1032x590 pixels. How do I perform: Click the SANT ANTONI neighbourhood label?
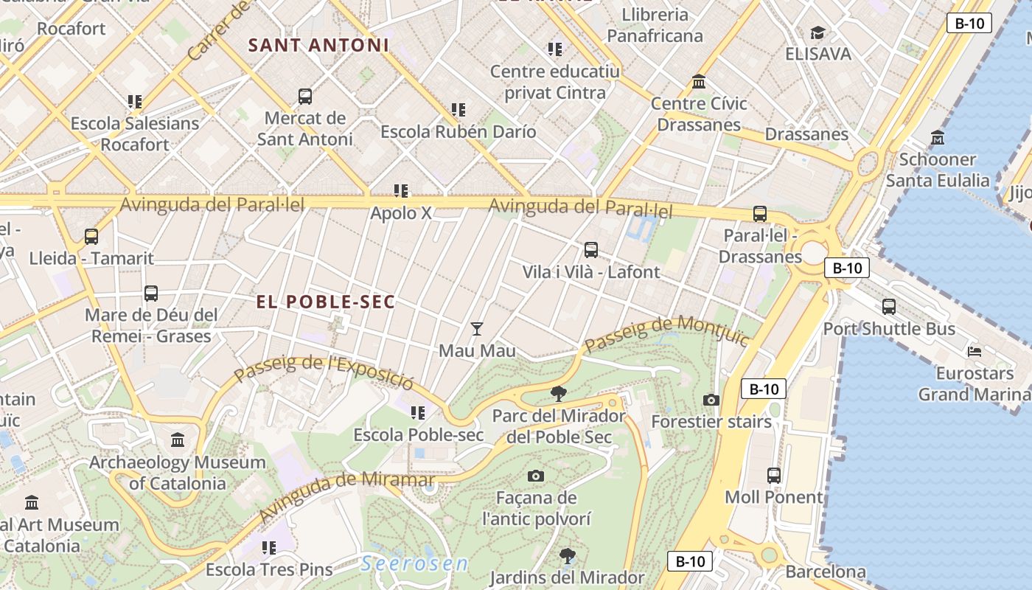[x=318, y=45]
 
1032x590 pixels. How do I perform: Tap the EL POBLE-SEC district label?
[x=326, y=302]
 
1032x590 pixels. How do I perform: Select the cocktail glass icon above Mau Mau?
[x=477, y=328]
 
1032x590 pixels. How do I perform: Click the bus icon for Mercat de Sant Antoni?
[x=304, y=97]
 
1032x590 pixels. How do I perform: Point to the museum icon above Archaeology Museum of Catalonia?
[x=178, y=440]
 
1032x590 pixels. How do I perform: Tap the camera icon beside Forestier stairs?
[x=711, y=400]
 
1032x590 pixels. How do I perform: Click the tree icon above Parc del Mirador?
[x=559, y=394]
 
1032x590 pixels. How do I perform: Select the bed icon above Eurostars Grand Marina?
[x=975, y=351]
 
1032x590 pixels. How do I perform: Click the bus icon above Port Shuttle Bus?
[x=889, y=307]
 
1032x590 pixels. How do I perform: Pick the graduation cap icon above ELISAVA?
[x=817, y=32]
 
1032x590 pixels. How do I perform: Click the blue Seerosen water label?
[x=414, y=564]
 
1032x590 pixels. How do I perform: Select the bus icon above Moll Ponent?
[x=773, y=475]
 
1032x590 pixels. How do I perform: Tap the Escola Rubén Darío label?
[x=458, y=132]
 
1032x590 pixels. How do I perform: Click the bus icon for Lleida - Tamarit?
[x=91, y=237]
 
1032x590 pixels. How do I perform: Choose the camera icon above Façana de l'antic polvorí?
[x=536, y=476]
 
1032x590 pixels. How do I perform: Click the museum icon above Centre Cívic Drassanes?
[x=698, y=81]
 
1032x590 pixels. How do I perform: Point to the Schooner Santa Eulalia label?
[x=938, y=170]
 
